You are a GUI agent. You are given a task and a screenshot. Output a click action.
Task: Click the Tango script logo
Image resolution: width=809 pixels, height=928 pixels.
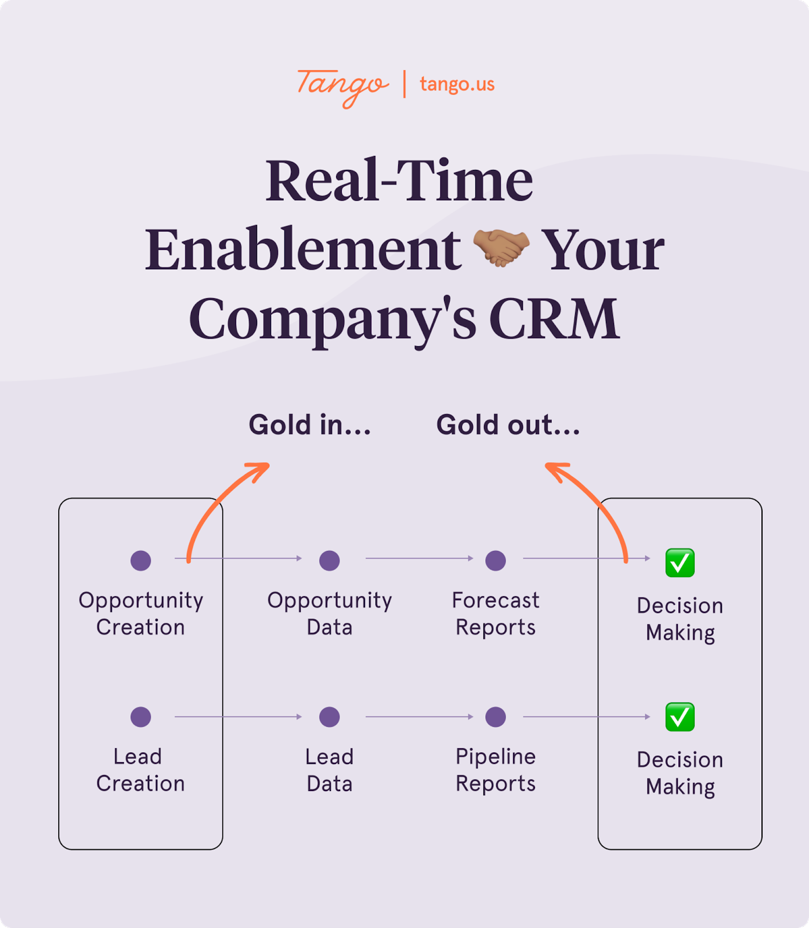click(342, 86)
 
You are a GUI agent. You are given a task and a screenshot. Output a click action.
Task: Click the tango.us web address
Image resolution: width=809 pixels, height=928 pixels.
click(457, 84)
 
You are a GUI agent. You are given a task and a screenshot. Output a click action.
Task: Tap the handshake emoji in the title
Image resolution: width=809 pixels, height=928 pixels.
click(501, 248)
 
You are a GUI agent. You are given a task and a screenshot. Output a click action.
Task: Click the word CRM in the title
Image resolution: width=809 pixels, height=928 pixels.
click(554, 318)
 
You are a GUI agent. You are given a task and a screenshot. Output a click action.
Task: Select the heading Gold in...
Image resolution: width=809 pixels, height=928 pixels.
click(309, 425)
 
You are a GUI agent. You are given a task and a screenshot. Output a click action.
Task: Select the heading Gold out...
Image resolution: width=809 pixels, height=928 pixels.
click(508, 425)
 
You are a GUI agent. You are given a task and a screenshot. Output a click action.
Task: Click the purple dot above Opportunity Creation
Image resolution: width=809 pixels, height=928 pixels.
click(140, 560)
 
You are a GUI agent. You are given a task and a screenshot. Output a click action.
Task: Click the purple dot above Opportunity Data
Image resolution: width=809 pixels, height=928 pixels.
click(330, 560)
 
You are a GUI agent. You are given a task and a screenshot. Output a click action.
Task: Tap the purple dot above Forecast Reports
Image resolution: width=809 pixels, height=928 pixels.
click(496, 560)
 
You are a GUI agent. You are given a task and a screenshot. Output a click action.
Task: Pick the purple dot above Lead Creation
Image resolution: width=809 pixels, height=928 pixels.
click(140, 717)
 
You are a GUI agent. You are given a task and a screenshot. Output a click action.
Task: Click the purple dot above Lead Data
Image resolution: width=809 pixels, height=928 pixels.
click(330, 717)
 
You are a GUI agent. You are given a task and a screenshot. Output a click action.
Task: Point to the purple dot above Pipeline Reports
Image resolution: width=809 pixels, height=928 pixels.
click(496, 717)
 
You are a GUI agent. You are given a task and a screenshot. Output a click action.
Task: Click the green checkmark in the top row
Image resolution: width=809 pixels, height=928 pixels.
click(680, 563)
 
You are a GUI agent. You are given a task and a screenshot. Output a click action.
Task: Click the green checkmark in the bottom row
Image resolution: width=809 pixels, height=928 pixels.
click(680, 717)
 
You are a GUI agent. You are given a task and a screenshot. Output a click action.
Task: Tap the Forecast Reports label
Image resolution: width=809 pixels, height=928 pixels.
click(496, 614)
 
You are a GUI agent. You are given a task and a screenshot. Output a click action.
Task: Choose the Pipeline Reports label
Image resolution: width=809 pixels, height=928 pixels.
click(496, 770)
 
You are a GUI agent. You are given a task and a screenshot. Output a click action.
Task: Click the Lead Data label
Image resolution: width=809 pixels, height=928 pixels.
click(330, 770)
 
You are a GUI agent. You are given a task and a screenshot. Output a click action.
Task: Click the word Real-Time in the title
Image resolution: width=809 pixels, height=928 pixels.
click(399, 181)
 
